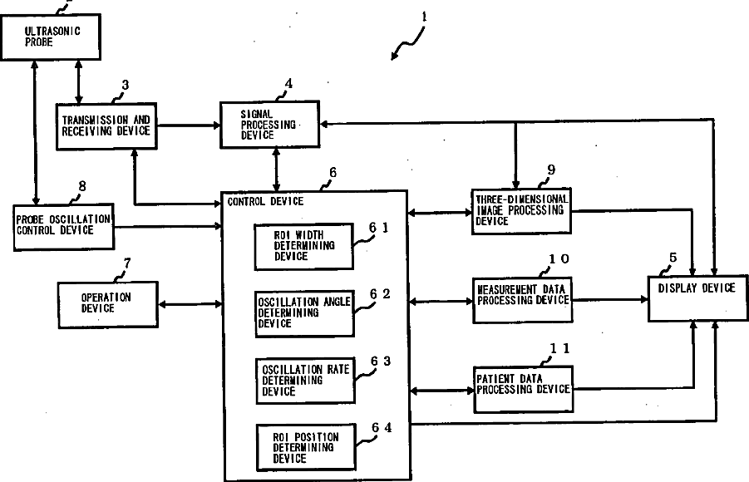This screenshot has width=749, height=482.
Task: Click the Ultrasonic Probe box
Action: click(51, 37)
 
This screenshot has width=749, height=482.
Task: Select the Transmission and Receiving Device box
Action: click(106, 125)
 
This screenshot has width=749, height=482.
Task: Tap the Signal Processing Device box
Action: click(269, 125)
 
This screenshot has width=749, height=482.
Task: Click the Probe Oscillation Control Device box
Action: click(63, 224)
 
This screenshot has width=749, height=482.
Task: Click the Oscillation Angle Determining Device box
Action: click(303, 313)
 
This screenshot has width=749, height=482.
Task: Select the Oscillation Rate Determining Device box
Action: click(303, 380)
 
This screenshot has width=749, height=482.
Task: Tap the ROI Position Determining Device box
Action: click(303, 446)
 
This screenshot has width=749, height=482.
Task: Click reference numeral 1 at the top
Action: click(423, 16)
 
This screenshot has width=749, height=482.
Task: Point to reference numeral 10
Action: click(558, 259)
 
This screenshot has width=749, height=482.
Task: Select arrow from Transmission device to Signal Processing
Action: click(188, 125)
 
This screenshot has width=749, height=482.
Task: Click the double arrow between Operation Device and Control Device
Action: click(190, 303)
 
